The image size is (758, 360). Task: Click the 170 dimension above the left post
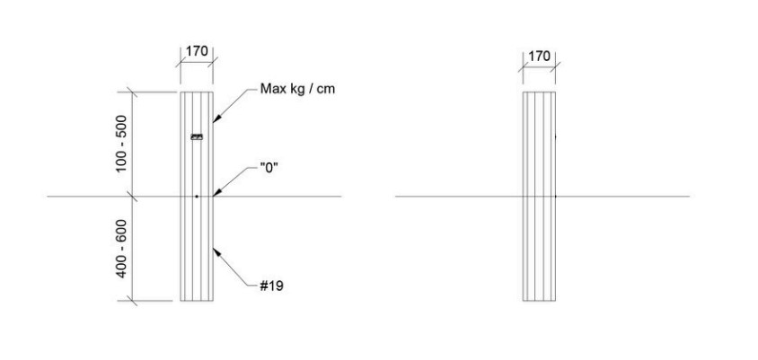197,51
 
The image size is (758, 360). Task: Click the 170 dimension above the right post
539,57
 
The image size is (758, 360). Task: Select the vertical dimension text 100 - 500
121,144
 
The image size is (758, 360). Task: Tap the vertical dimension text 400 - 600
121,249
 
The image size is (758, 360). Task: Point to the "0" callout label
269,169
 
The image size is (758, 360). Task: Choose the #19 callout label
272,286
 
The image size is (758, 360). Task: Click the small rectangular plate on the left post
197,137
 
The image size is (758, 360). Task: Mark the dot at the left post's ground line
197,197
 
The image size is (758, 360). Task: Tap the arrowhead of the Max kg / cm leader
216,119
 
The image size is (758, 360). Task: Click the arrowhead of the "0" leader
217,193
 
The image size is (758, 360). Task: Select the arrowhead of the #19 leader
217,251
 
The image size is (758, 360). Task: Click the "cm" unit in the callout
326,90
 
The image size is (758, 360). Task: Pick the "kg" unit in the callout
296,90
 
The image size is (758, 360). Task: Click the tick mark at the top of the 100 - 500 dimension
132,92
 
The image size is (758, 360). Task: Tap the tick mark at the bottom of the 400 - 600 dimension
132,301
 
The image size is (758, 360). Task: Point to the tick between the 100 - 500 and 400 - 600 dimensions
132,197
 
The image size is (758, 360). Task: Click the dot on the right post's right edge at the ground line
555,197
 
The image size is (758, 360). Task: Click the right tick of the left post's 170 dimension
213,61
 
